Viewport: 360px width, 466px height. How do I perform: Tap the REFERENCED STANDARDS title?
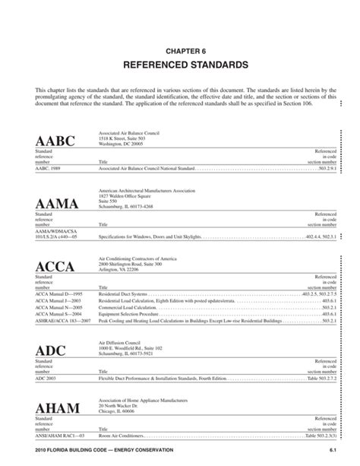tap(180, 65)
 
